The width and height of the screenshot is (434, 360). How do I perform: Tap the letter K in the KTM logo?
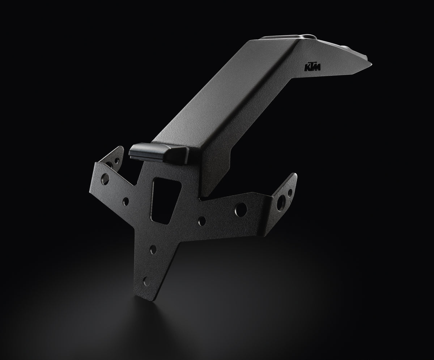(x=307, y=68)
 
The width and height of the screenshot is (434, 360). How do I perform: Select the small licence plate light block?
(x=159, y=152)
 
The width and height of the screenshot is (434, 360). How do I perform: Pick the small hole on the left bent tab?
(x=117, y=160)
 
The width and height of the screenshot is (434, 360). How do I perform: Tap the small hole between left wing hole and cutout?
(x=126, y=201)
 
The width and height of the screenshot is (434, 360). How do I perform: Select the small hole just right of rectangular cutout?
(x=202, y=221)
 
